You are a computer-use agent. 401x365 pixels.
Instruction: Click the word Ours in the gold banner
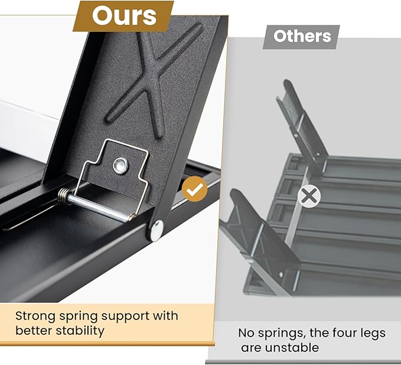(x=124, y=15)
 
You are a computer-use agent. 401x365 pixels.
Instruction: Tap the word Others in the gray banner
(x=302, y=36)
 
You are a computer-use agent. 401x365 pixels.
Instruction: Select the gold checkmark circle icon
(x=195, y=189)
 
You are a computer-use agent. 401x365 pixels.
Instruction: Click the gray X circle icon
(x=309, y=196)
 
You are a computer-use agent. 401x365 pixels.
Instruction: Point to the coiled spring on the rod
(x=63, y=196)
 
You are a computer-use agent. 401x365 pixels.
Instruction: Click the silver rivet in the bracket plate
(x=120, y=166)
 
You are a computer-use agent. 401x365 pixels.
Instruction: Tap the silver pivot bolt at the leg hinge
(x=157, y=230)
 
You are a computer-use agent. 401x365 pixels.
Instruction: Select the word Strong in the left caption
(x=35, y=316)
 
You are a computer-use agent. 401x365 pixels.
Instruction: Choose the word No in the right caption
(x=246, y=333)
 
